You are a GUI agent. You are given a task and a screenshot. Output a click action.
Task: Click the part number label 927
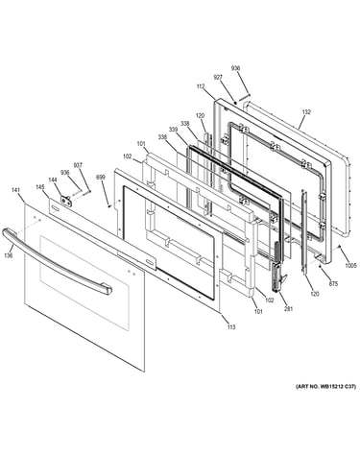(x=218, y=78)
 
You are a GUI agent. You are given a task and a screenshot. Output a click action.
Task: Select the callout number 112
(x=201, y=86)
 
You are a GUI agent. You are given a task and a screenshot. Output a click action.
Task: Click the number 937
(x=78, y=165)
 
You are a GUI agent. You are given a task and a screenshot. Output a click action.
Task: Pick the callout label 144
(x=53, y=180)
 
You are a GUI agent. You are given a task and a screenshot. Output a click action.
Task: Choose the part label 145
(x=40, y=187)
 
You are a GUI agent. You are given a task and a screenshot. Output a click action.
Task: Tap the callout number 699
(x=101, y=177)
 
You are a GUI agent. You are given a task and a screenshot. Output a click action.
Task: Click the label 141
(x=15, y=190)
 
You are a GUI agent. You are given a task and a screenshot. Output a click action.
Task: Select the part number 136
(x=9, y=255)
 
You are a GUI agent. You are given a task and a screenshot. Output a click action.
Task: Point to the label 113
(x=231, y=326)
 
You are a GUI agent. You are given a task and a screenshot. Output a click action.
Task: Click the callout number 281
(x=289, y=309)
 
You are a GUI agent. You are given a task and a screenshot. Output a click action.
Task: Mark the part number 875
(x=333, y=283)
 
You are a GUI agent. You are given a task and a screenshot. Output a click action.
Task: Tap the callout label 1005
(x=350, y=265)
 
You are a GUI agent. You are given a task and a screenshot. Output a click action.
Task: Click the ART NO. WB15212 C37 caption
(x=325, y=387)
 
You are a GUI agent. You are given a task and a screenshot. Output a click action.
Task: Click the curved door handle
(x=58, y=262)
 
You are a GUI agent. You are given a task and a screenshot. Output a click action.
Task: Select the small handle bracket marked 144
(x=66, y=200)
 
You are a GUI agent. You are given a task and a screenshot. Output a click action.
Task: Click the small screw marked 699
(x=109, y=206)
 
